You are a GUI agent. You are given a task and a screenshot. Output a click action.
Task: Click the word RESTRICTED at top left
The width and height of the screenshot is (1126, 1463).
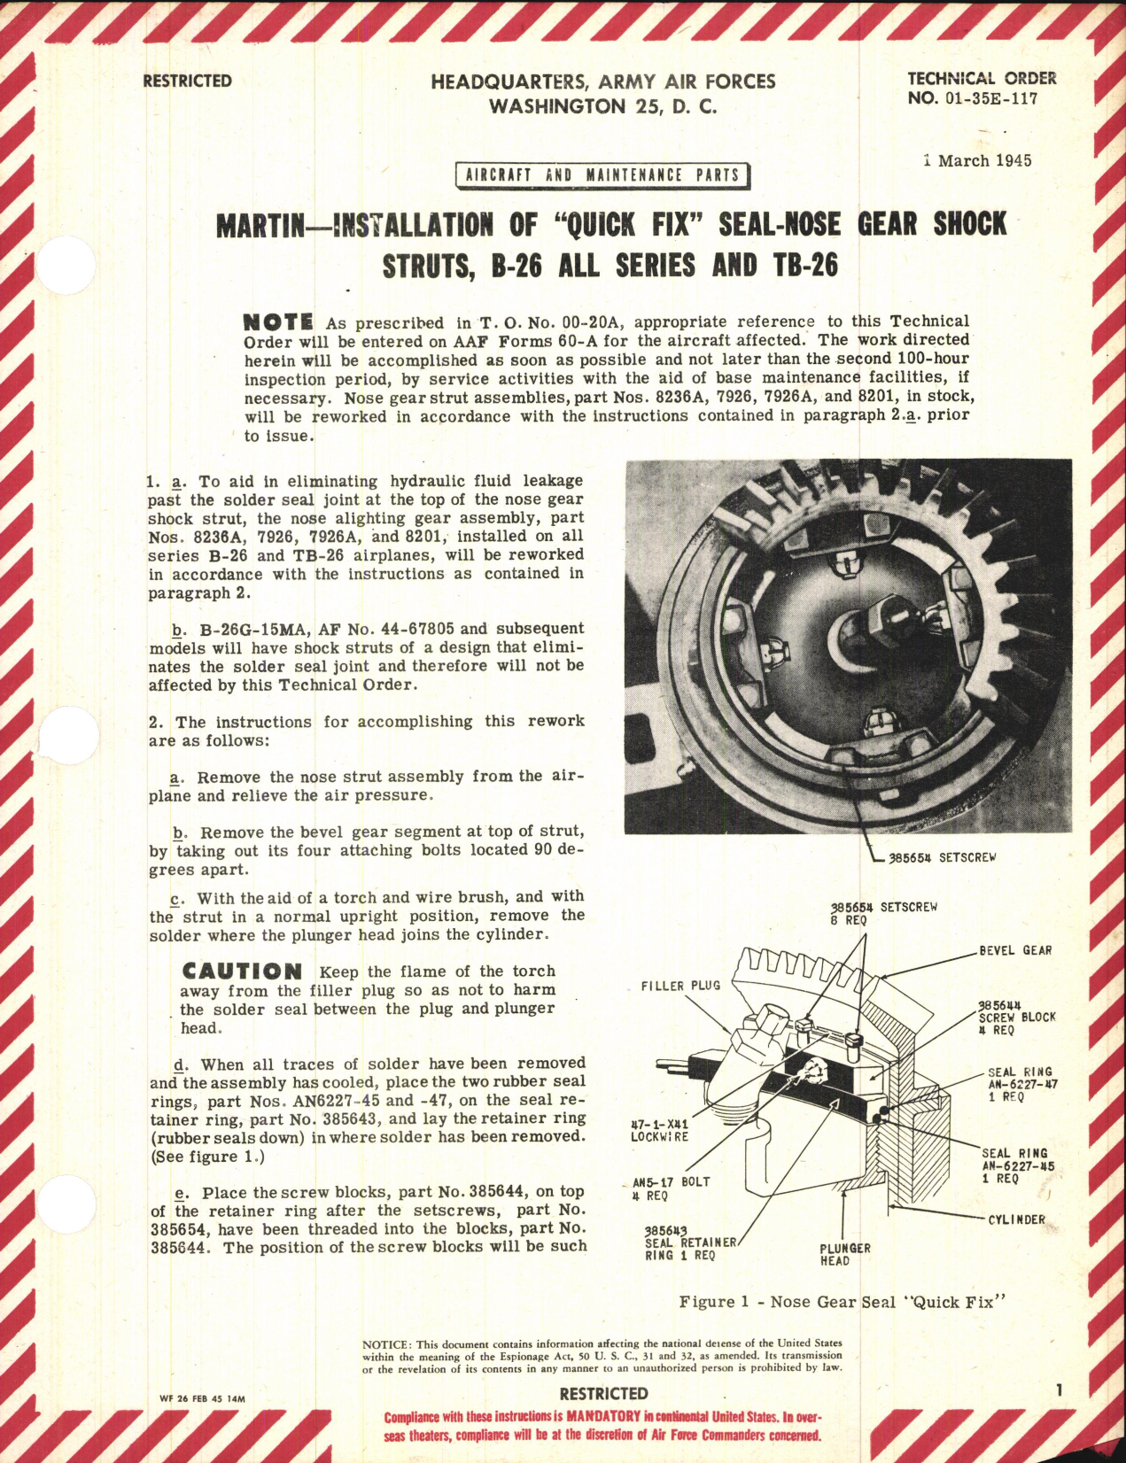tap(187, 81)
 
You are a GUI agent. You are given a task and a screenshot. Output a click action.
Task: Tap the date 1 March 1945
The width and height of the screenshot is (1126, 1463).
tap(976, 161)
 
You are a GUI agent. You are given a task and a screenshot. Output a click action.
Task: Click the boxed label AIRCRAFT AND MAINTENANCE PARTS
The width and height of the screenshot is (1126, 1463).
tap(602, 175)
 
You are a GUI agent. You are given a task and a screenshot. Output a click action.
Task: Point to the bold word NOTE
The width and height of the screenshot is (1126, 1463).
tap(277, 321)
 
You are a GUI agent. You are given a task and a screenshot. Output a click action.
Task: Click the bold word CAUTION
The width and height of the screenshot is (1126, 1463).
tap(242, 971)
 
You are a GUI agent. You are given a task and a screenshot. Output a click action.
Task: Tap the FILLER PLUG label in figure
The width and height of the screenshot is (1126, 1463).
tap(680, 986)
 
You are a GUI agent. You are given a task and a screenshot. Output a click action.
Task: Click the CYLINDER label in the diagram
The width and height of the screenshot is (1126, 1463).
tap(1016, 1219)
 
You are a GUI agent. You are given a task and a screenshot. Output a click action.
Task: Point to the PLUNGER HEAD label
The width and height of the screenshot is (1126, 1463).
tap(844, 1254)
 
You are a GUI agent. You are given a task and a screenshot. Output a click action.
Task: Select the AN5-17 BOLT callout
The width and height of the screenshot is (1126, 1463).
tap(671, 1188)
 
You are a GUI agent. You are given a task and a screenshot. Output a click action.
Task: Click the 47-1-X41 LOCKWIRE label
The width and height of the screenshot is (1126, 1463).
tap(659, 1129)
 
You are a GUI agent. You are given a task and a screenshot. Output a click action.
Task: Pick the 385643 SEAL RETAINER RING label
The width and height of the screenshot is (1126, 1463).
tap(690, 1242)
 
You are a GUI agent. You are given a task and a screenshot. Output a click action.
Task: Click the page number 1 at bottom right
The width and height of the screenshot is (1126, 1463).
tap(1060, 1390)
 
